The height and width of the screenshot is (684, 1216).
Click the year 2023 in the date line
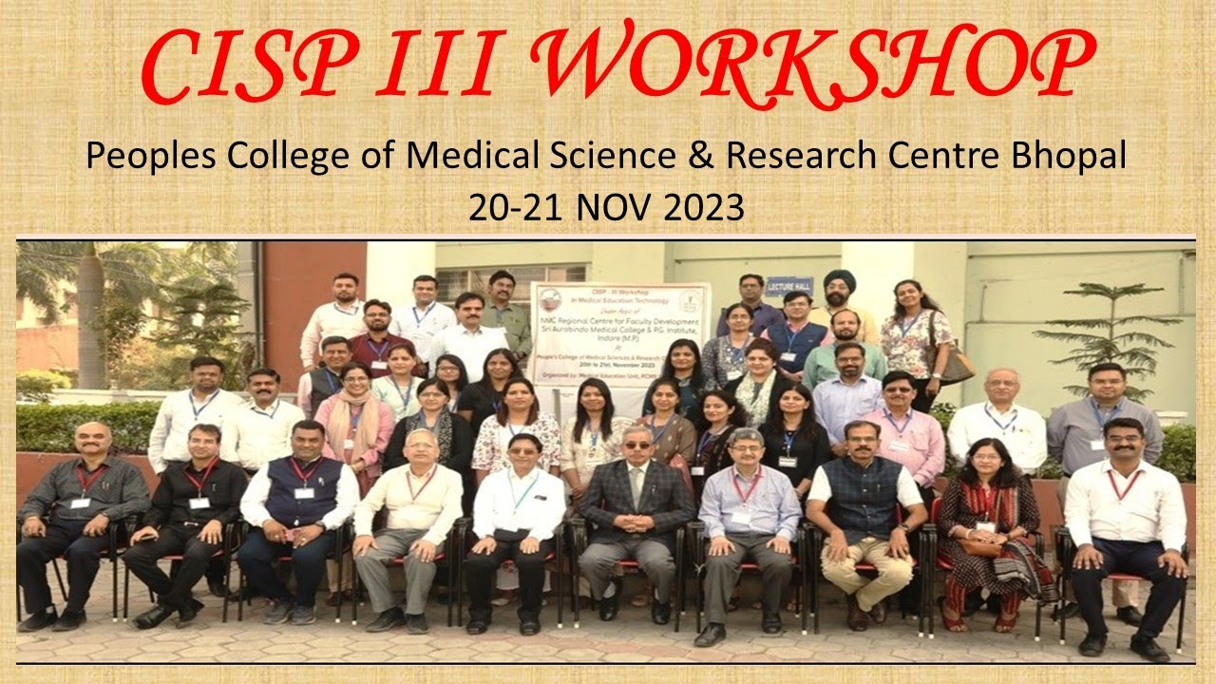[x=704, y=206]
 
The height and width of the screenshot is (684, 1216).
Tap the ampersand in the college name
[x=699, y=155]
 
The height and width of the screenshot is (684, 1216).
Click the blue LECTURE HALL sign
[x=788, y=285]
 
